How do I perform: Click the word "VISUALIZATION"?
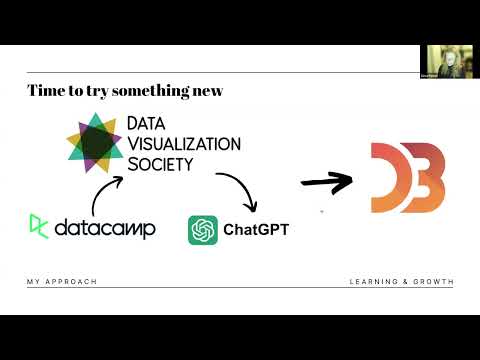click(183, 143)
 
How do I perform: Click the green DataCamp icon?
click(38, 226)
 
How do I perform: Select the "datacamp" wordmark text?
click(106, 228)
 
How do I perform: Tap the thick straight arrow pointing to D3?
click(328, 182)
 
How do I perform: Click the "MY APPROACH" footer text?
click(62, 282)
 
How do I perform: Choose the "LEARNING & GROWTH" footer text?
click(401, 282)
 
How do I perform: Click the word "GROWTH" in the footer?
click(433, 282)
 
